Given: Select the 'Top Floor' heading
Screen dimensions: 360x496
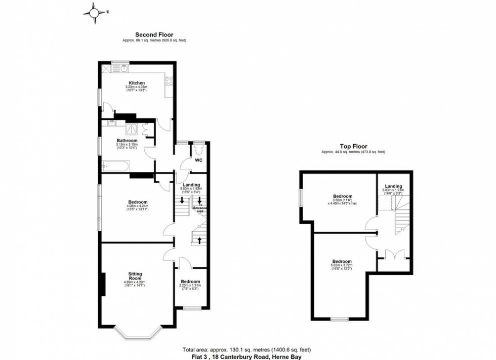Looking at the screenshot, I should click(x=353, y=147).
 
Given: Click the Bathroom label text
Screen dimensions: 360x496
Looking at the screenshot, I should click(x=127, y=141).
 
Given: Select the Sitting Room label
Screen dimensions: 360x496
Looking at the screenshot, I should click(x=135, y=276).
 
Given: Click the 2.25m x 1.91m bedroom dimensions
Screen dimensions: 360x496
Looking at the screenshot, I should click(x=190, y=286).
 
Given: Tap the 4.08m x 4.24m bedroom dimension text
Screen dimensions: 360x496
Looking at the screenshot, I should click(x=134, y=206).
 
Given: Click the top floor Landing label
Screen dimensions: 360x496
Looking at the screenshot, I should click(x=393, y=186).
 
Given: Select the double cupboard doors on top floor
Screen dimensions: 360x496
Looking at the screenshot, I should click(x=393, y=254).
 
